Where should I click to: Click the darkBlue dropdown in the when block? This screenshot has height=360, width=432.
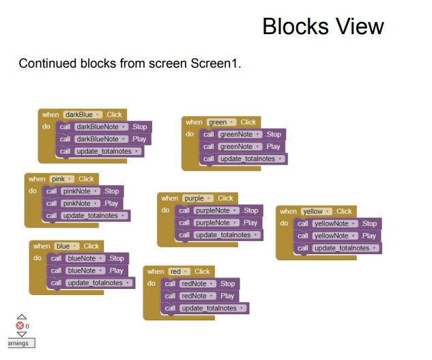tap(83, 115)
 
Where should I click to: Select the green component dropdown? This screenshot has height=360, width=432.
tap(222, 122)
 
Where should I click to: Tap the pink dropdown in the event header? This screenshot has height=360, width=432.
tap(61, 179)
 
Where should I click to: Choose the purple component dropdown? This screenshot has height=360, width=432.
tap(197, 198)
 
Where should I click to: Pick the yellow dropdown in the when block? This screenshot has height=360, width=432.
tap(316, 211)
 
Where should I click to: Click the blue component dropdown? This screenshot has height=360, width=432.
tap(67, 246)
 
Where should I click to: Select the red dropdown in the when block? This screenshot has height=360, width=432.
tap(179, 271)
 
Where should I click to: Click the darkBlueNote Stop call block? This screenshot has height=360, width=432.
tap(104, 127)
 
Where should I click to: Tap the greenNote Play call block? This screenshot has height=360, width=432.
tap(242, 146)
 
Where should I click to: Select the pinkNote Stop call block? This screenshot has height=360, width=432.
tap(83, 191)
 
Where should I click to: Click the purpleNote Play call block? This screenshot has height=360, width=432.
tap(219, 223)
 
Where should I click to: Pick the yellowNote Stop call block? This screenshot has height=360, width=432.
tap(338, 223)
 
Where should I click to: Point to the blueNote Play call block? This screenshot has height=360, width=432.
tap(87, 271)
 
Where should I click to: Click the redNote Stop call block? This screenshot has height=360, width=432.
tap(200, 283)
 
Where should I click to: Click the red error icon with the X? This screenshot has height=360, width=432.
tap(20, 326)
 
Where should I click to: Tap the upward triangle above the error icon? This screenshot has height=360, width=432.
tap(22, 317)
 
